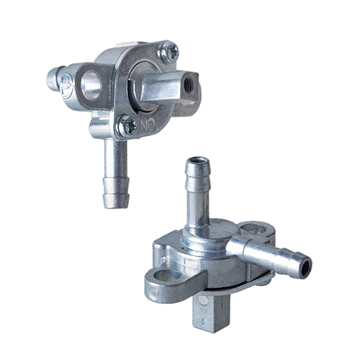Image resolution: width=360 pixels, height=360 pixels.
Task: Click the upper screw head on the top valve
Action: (x=171, y=51)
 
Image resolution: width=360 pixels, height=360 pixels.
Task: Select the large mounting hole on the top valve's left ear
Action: (x=92, y=86)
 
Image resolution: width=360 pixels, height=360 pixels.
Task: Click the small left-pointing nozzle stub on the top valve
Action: (x=54, y=78)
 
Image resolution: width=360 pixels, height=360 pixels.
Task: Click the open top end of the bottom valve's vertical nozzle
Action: (x=196, y=163)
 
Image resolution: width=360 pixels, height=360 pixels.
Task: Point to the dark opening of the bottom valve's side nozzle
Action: (x=305, y=269)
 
